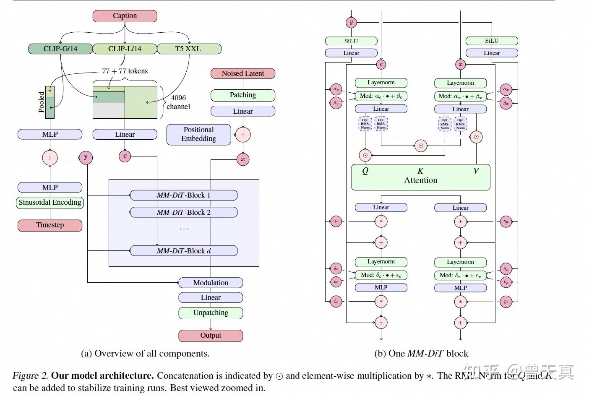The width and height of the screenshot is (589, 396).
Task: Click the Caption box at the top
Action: (125, 16)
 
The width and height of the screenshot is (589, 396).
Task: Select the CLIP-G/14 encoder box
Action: (60, 49)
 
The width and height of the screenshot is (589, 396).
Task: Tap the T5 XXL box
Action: (189, 49)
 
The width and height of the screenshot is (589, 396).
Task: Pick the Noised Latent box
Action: (242, 73)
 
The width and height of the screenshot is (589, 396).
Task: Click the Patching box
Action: (242, 95)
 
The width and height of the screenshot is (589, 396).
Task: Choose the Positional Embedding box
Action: (198, 134)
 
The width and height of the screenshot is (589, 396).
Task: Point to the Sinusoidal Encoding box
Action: (50, 203)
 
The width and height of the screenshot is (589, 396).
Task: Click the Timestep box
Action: (50, 225)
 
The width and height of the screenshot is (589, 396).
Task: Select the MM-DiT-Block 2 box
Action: (184, 212)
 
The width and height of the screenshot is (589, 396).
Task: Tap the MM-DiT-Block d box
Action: (184, 251)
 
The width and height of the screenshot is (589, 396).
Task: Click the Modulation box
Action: (211, 283)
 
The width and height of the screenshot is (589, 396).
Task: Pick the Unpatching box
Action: (211, 313)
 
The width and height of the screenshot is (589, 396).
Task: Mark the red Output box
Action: (211, 336)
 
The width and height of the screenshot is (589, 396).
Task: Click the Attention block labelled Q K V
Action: (420, 177)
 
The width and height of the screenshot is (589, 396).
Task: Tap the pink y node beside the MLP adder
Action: (86, 157)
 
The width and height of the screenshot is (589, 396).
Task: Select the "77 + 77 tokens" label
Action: (125, 71)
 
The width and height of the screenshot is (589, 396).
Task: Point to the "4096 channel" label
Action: (178, 102)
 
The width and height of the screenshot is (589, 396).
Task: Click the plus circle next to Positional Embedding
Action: (243, 135)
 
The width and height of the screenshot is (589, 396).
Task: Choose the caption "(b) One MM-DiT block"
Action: (421, 354)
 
